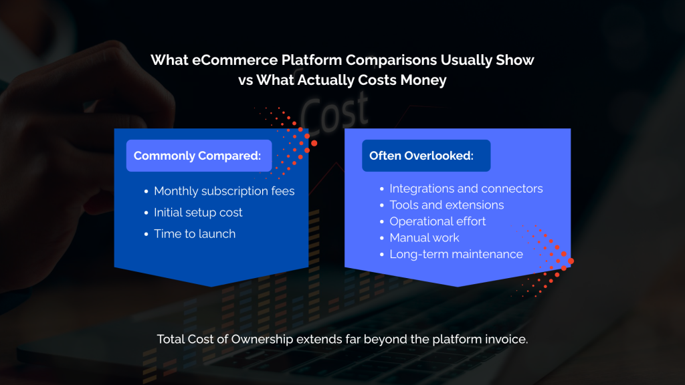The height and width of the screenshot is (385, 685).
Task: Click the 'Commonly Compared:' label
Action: point(197,156)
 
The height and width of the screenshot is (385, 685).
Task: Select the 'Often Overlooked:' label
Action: point(421,156)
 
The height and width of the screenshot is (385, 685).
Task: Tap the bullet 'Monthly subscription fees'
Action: point(224,191)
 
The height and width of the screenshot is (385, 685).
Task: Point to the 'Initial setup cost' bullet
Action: point(198,213)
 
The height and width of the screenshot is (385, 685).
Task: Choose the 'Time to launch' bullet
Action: point(195,233)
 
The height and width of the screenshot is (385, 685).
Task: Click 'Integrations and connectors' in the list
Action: point(466,188)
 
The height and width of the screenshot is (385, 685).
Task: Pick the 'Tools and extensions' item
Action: point(447,205)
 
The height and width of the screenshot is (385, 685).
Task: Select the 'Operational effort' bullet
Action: point(437,221)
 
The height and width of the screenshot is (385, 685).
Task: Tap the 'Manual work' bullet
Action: point(424,237)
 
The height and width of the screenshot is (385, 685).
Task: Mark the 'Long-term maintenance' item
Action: point(456,254)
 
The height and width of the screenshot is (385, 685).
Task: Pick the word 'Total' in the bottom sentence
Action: point(172,339)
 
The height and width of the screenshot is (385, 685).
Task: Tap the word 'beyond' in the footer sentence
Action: point(384,339)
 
